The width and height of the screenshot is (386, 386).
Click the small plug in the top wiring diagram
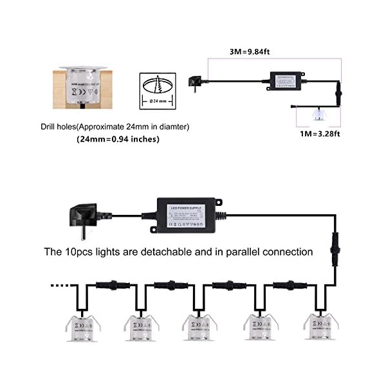[x=194, y=81]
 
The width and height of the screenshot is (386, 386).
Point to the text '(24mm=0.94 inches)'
[x=118, y=139]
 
